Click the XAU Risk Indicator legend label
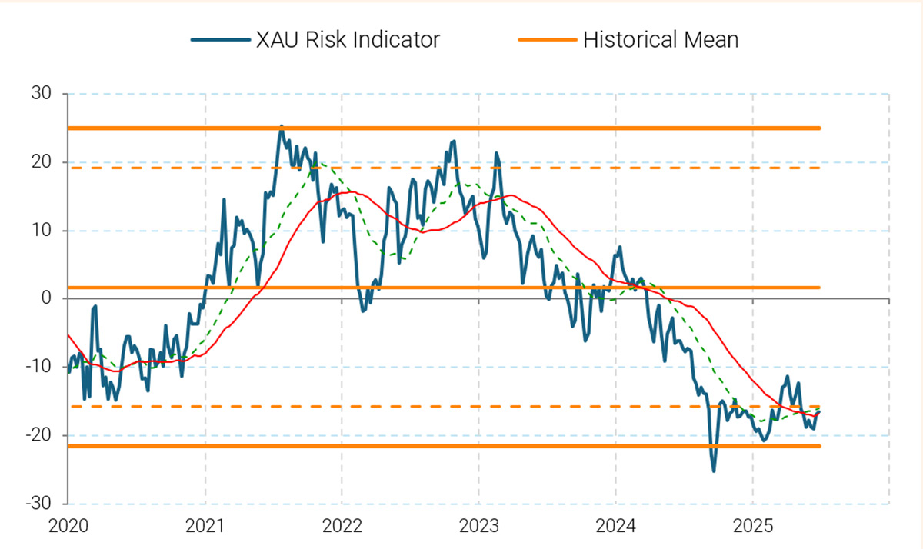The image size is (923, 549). (x=348, y=39)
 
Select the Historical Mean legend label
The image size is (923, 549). (x=661, y=39)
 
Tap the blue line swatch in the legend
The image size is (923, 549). (x=220, y=39)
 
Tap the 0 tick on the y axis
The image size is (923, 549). (x=46, y=298)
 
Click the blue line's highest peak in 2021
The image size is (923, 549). (x=281, y=126)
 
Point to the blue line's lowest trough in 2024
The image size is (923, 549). (x=714, y=471)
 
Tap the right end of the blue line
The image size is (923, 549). (x=819, y=412)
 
